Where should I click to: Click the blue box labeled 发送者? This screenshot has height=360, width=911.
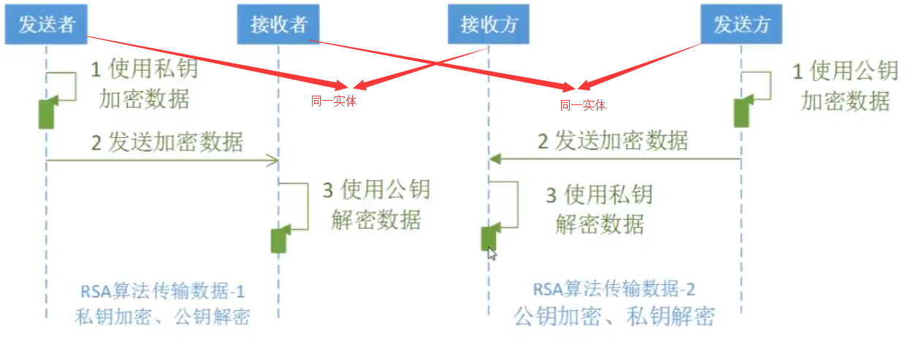click(x=47, y=25)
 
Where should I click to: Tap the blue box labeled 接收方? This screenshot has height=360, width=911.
click(x=489, y=25)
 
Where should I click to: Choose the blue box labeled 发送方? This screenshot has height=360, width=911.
click(x=742, y=25)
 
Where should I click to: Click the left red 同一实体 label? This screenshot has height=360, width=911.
click(x=334, y=102)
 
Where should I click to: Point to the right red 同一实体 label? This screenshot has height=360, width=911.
click(x=583, y=105)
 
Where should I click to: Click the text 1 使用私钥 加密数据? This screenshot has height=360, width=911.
click(x=143, y=85)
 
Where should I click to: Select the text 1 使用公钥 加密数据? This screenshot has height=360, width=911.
click(x=845, y=86)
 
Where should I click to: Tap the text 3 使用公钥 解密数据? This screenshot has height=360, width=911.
click(x=376, y=205)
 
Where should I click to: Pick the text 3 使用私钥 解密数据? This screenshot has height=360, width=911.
click(x=599, y=209)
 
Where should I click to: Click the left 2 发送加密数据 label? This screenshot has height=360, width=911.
click(x=167, y=142)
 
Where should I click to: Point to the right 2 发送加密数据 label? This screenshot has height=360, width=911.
click(x=613, y=140)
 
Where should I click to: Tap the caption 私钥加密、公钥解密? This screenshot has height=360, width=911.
click(x=162, y=317)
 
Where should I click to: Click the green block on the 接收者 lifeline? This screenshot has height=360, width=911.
click(x=279, y=239)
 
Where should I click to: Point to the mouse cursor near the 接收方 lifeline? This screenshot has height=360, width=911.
click(x=492, y=253)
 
